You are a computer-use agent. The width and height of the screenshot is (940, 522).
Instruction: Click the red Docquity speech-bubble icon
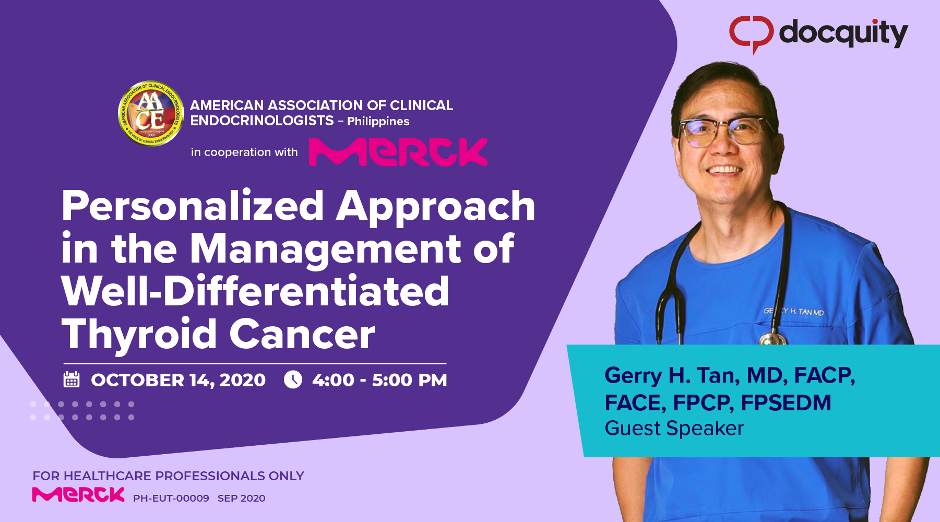tap(751, 33)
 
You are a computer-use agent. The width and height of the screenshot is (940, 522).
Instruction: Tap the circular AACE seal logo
tap(151, 113)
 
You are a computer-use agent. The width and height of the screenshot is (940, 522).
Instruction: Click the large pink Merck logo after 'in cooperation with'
tap(398, 152)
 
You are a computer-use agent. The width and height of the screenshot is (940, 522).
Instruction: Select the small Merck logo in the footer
tap(78, 494)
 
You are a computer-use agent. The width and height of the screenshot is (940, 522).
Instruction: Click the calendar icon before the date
tap(72, 379)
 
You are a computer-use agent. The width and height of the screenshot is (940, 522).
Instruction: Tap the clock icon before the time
tap(293, 379)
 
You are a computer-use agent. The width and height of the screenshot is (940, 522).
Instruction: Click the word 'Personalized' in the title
tap(193, 207)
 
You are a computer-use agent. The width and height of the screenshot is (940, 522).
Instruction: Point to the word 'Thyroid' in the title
tap(139, 334)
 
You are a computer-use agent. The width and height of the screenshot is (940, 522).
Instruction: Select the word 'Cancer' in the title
tap(302, 334)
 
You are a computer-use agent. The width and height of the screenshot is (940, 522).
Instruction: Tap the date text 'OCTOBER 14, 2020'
tap(178, 380)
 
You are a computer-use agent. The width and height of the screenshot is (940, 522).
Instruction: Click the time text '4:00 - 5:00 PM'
tap(379, 380)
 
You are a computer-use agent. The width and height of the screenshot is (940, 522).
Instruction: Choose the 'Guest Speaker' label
tap(674, 429)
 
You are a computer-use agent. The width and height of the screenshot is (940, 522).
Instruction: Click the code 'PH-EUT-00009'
tap(171, 499)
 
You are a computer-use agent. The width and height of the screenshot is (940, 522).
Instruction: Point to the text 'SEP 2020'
tap(241, 499)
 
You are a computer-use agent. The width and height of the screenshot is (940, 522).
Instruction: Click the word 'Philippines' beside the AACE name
tap(378, 122)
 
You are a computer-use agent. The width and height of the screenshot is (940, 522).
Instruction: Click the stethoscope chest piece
tap(772, 339)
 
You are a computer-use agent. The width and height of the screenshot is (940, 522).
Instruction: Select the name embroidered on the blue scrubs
tap(794, 312)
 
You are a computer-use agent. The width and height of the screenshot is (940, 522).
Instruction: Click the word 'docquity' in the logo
tap(843, 33)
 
